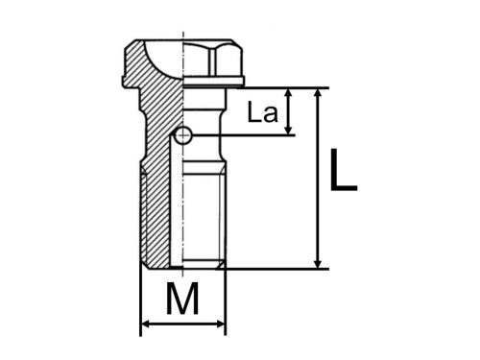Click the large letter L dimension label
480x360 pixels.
pyautogui.click(x=343, y=172)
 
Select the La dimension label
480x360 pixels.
pyautogui.click(x=262, y=113)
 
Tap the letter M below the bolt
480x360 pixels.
pyautogui.click(x=182, y=301)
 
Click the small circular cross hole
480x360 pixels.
pyautogui.click(x=182, y=135)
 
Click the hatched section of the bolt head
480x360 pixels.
pyautogui.click(x=154, y=67)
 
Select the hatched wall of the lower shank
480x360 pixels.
pyautogui.click(x=156, y=211)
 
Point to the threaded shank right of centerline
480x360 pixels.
pyautogui.click(x=204, y=211)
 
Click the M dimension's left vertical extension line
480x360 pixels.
pyautogui.click(x=141, y=298)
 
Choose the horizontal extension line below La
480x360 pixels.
pyautogui.click(x=250, y=135)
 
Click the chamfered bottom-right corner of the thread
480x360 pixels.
pyautogui.click(x=223, y=263)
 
